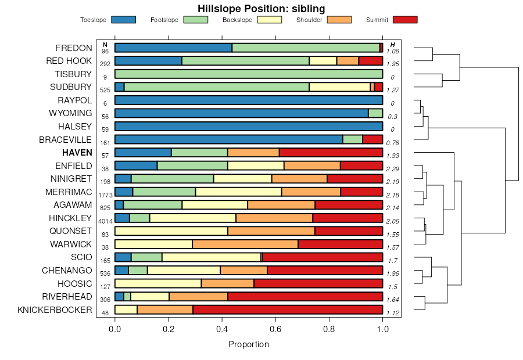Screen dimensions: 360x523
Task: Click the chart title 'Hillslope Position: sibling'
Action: pyautogui.click(x=261, y=8)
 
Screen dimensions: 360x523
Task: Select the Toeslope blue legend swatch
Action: pyautogui.click(x=123, y=20)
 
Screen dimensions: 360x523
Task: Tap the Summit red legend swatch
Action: pyautogui.click(x=405, y=20)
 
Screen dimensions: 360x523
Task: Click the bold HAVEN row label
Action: pyautogui.click(x=77, y=153)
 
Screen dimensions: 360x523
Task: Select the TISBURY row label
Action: pyautogui.click(x=73, y=74)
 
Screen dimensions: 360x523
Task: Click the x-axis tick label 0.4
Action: pyautogui.click(x=222, y=329)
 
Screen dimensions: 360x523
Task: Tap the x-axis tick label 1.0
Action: pyautogui.click(x=382, y=329)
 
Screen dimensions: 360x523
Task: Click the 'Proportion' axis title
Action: pyautogui.click(x=249, y=344)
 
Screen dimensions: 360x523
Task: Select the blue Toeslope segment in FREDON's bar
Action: pyautogui.click(x=173, y=48)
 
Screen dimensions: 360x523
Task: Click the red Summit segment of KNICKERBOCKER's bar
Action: pyautogui.click(x=288, y=309)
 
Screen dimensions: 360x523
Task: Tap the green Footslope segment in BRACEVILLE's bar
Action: pyautogui.click(x=353, y=139)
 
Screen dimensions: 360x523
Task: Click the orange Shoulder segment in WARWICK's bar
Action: pyautogui.click(x=245, y=244)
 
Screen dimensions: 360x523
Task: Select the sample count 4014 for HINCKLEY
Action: pyautogui.click(x=105, y=221)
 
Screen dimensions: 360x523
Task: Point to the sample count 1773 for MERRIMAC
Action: pyautogui.click(x=105, y=195)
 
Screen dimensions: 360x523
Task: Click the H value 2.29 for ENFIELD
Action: pyautogui.click(x=393, y=169)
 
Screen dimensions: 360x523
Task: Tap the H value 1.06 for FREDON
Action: pyautogui.click(x=393, y=51)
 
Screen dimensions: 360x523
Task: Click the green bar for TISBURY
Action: pyautogui.click(x=249, y=74)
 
